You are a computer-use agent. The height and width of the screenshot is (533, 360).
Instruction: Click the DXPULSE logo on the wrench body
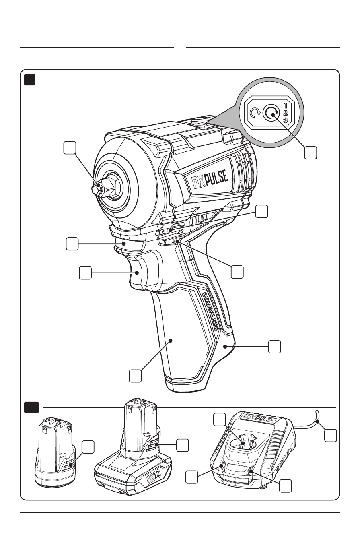(210, 180)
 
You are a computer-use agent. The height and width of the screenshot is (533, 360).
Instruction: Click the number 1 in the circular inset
(286, 105)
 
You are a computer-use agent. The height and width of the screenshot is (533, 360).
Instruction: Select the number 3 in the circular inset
(286, 120)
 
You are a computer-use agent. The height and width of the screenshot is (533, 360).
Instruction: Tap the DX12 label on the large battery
(154, 476)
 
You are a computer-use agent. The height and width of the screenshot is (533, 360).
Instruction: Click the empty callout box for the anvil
(70, 148)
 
